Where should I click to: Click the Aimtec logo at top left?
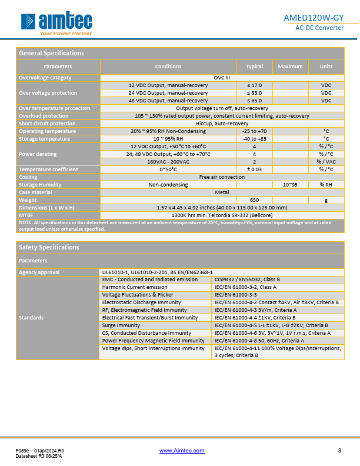[x=56, y=23]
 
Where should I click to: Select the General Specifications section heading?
[x=52, y=53]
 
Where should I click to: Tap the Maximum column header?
[x=290, y=66]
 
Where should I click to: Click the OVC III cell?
[x=222, y=78]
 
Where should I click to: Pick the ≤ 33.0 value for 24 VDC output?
[x=254, y=93]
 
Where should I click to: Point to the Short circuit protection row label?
[x=47, y=124]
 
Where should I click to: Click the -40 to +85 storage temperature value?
[x=254, y=139]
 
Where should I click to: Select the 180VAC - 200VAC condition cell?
[x=168, y=162]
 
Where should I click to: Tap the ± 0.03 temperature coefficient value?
[x=254, y=169]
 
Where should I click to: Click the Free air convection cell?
[x=222, y=177]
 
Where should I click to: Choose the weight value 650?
[x=254, y=200]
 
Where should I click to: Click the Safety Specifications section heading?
[x=49, y=247]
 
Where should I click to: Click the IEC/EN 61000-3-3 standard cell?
[x=236, y=295]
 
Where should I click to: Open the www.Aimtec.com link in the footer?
[x=182, y=451]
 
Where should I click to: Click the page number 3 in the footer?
[x=339, y=451]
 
